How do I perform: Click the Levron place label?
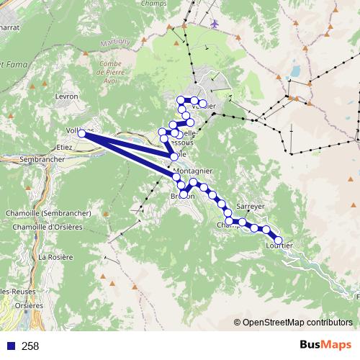click(66, 94)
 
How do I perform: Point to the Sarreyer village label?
click(251, 205)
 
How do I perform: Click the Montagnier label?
click(193, 171)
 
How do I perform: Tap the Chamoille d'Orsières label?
click(44, 228)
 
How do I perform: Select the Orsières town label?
click(30, 305)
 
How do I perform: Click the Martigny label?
click(117, 41)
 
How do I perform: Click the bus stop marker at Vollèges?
click(82, 133)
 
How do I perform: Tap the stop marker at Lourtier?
click(279, 241)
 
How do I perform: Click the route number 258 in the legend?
click(30, 346)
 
